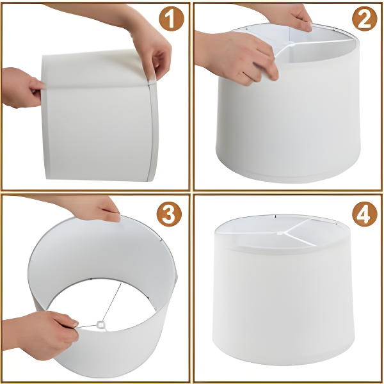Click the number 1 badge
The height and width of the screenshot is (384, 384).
(x=171, y=19)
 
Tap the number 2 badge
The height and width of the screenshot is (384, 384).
(x=364, y=19)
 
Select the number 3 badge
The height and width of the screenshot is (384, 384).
(x=169, y=214)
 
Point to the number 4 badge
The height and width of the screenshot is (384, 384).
(x=364, y=214)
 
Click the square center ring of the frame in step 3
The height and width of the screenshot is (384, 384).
(x=100, y=325)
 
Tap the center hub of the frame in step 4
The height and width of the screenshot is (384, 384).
(x=280, y=233)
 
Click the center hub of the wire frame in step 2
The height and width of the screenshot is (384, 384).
(x=291, y=44)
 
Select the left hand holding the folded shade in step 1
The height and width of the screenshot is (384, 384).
(x=21, y=88)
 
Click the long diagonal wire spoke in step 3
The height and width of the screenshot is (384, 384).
(x=112, y=301)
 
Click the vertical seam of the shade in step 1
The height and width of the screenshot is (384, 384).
(x=151, y=132)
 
